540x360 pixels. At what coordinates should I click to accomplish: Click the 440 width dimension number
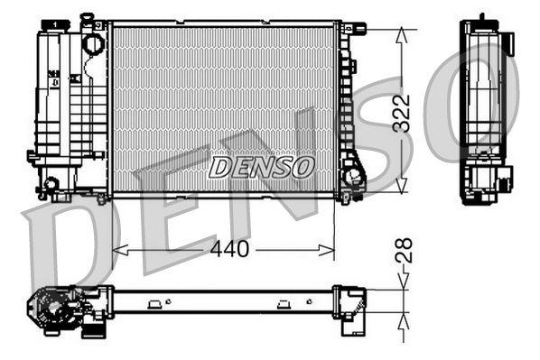(x=229, y=250)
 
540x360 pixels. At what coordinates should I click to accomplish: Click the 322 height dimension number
(x=403, y=113)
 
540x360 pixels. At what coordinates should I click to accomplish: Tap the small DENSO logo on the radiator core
(x=262, y=167)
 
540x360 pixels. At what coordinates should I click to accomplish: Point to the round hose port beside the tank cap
(x=92, y=42)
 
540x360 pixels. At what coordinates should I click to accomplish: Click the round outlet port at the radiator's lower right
(x=354, y=175)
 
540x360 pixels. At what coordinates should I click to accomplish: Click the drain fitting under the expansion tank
(x=51, y=186)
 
